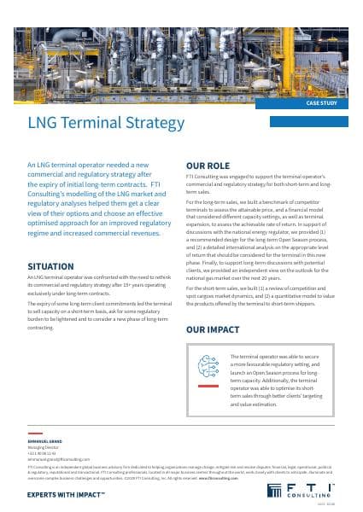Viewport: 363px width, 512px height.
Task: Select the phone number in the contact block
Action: click(43, 451)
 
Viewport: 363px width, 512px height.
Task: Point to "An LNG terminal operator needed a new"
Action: click(98, 164)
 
